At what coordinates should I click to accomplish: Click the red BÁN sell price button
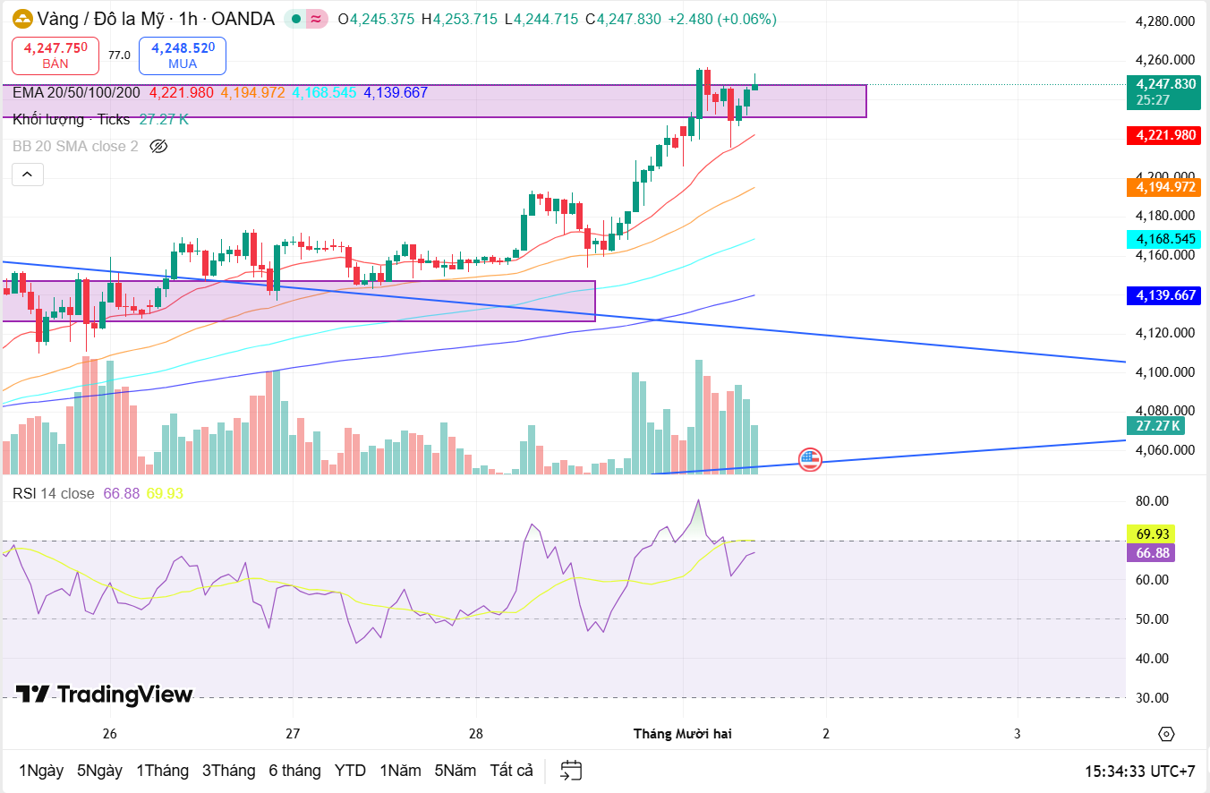[x=55, y=55]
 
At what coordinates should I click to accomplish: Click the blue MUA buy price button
[x=183, y=55]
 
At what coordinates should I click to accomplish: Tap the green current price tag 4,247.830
[x=1165, y=91]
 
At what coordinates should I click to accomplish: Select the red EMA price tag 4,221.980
[x=1165, y=135]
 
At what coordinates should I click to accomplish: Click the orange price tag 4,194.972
[x=1165, y=187]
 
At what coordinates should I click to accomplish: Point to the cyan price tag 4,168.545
[x=1165, y=239]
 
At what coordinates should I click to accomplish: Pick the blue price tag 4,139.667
[x=1165, y=294]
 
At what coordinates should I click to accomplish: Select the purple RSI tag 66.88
[x=1153, y=553]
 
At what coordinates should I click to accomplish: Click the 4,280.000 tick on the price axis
[x=1164, y=21]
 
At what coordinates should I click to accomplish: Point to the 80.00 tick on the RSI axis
[x=1152, y=501]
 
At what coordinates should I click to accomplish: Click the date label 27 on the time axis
[x=293, y=734]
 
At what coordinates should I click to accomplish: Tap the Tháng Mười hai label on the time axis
[x=682, y=734]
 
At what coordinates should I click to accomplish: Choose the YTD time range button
[x=350, y=771]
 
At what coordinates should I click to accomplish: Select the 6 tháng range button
[x=294, y=771]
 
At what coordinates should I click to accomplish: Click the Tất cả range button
[x=512, y=771]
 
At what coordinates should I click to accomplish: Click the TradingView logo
[x=105, y=695]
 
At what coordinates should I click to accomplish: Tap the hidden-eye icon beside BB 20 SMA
[x=158, y=146]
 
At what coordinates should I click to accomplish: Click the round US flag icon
[x=810, y=460]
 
